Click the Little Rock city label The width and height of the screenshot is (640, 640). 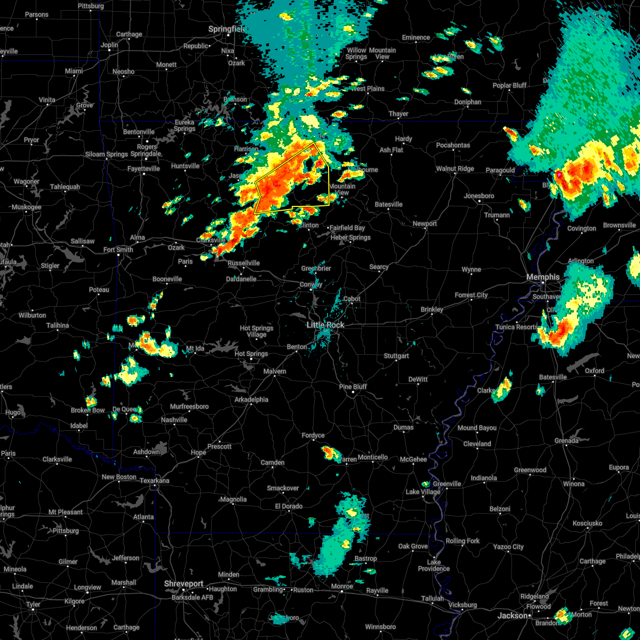(325, 325)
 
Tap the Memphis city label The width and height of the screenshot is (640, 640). (543, 277)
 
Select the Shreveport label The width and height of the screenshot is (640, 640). (184, 584)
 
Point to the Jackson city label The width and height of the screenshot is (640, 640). (513, 615)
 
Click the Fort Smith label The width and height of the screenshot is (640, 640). (118, 250)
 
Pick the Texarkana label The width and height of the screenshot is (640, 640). (155, 481)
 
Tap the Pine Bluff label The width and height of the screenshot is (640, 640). (353, 387)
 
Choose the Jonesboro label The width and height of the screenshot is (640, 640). (479, 196)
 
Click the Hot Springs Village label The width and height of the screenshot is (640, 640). (257, 331)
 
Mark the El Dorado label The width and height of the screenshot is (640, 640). (289, 506)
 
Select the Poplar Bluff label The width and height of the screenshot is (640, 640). (509, 85)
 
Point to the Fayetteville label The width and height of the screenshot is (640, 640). (143, 169)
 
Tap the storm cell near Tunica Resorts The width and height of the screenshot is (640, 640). (557, 331)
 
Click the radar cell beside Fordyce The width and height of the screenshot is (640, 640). (331, 453)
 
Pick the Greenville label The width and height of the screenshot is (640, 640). (447, 484)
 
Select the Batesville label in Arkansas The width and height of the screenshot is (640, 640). (388, 204)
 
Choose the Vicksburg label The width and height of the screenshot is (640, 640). (462, 605)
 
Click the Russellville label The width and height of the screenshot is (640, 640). (244, 263)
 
